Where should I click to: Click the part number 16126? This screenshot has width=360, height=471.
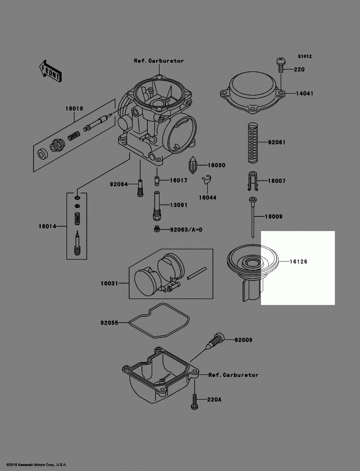(298, 262)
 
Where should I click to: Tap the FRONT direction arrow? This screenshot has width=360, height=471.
(50, 70)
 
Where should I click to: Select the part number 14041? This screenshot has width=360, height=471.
(304, 93)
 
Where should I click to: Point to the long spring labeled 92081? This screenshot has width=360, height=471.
(252, 143)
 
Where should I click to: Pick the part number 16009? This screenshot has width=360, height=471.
(273, 217)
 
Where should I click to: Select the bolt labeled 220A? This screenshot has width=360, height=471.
(195, 402)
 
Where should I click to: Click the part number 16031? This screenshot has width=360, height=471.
(110, 283)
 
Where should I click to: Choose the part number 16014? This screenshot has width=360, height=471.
(48, 227)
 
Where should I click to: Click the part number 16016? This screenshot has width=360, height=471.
(74, 108)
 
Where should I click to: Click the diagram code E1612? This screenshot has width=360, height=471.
(304, 57)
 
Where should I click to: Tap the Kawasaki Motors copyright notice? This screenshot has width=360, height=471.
(36, 465)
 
